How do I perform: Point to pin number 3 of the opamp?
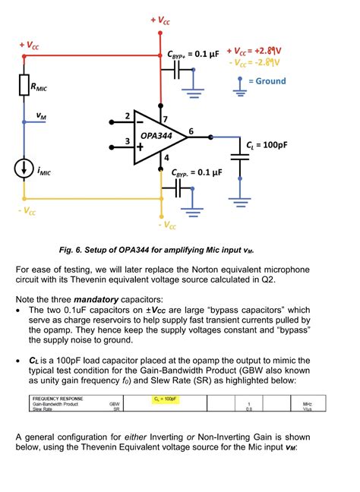(116, 141)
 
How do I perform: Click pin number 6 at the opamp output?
(191, 131)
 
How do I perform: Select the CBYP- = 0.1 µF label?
(196, 172)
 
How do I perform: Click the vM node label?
(40, 117)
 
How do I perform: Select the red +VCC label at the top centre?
(160, 20)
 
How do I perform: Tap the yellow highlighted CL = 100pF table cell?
(166, 398)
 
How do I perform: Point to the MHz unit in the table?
(308, 404)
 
